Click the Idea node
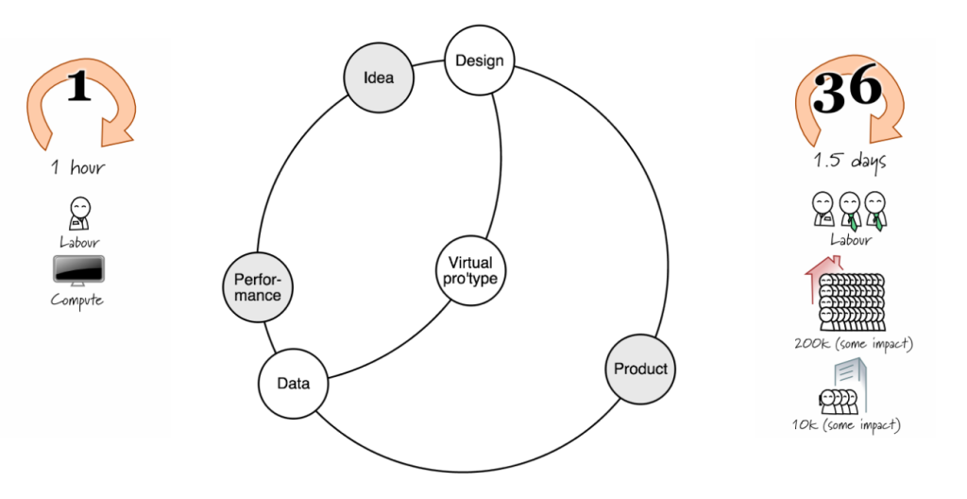(x=378, y=78)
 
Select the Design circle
(x=480, y=61)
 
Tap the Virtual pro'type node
(x=471, y=270)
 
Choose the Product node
(x=640, y=369)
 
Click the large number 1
(x=79, y=89)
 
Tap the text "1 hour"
(x=78, y=168)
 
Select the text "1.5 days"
(x=850, y=161)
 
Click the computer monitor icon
(x=78, y=271)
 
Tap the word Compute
(x=78, y=301)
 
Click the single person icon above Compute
(x=79, y=212)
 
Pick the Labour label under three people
(x=849, y=240)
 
